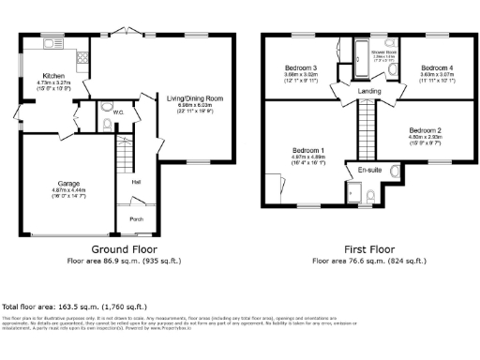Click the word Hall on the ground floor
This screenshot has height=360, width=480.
137,182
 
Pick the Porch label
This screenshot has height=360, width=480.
137,221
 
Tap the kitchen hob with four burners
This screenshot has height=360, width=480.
82,58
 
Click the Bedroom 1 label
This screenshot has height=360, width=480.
307,150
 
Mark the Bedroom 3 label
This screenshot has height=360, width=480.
302,68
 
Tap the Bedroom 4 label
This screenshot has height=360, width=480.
437,68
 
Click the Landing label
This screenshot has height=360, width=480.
369,90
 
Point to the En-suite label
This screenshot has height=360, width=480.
369,170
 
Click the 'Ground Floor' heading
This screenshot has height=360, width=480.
127,249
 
